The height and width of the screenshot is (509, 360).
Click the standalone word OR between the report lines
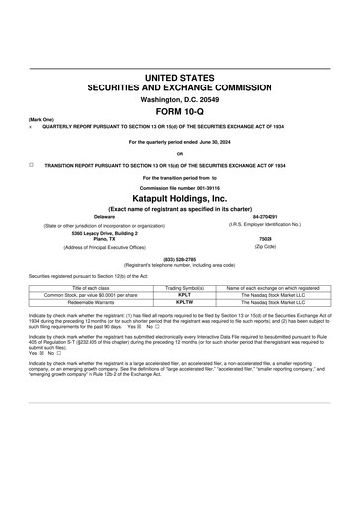point(180,153)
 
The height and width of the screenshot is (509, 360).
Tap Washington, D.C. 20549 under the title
point(180,100)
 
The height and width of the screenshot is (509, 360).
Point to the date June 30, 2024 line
point(180,142)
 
